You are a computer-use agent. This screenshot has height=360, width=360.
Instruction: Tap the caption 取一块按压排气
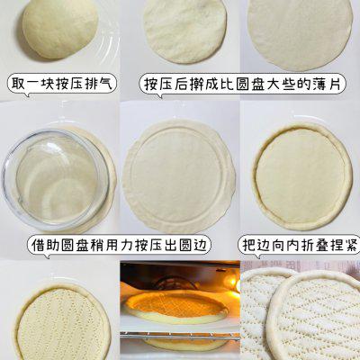tap(62, 84)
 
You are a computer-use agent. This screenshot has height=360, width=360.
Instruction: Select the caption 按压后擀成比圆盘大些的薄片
tap(242, 85)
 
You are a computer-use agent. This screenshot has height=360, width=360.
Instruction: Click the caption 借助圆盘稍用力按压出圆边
tap(119, 245)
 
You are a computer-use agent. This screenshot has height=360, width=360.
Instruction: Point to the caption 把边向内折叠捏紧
tap(301, 245)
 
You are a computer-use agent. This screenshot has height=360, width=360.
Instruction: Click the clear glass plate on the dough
tap(56, 179)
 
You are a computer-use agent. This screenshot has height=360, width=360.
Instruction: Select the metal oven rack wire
tap(180, 336)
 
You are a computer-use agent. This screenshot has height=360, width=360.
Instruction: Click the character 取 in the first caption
tap(18, 84)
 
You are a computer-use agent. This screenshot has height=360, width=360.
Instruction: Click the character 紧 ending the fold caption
tap(352, 245)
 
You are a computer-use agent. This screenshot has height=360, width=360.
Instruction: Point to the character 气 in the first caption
tap(106, 84)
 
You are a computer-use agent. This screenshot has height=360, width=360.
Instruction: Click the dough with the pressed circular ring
tap(179, 176)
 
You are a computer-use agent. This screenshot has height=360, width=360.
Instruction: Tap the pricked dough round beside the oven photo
tap(64, 322)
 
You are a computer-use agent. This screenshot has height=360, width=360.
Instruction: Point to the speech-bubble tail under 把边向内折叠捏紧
tap(257, 256)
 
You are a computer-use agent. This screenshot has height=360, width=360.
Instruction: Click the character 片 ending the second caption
tap(334, 85)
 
